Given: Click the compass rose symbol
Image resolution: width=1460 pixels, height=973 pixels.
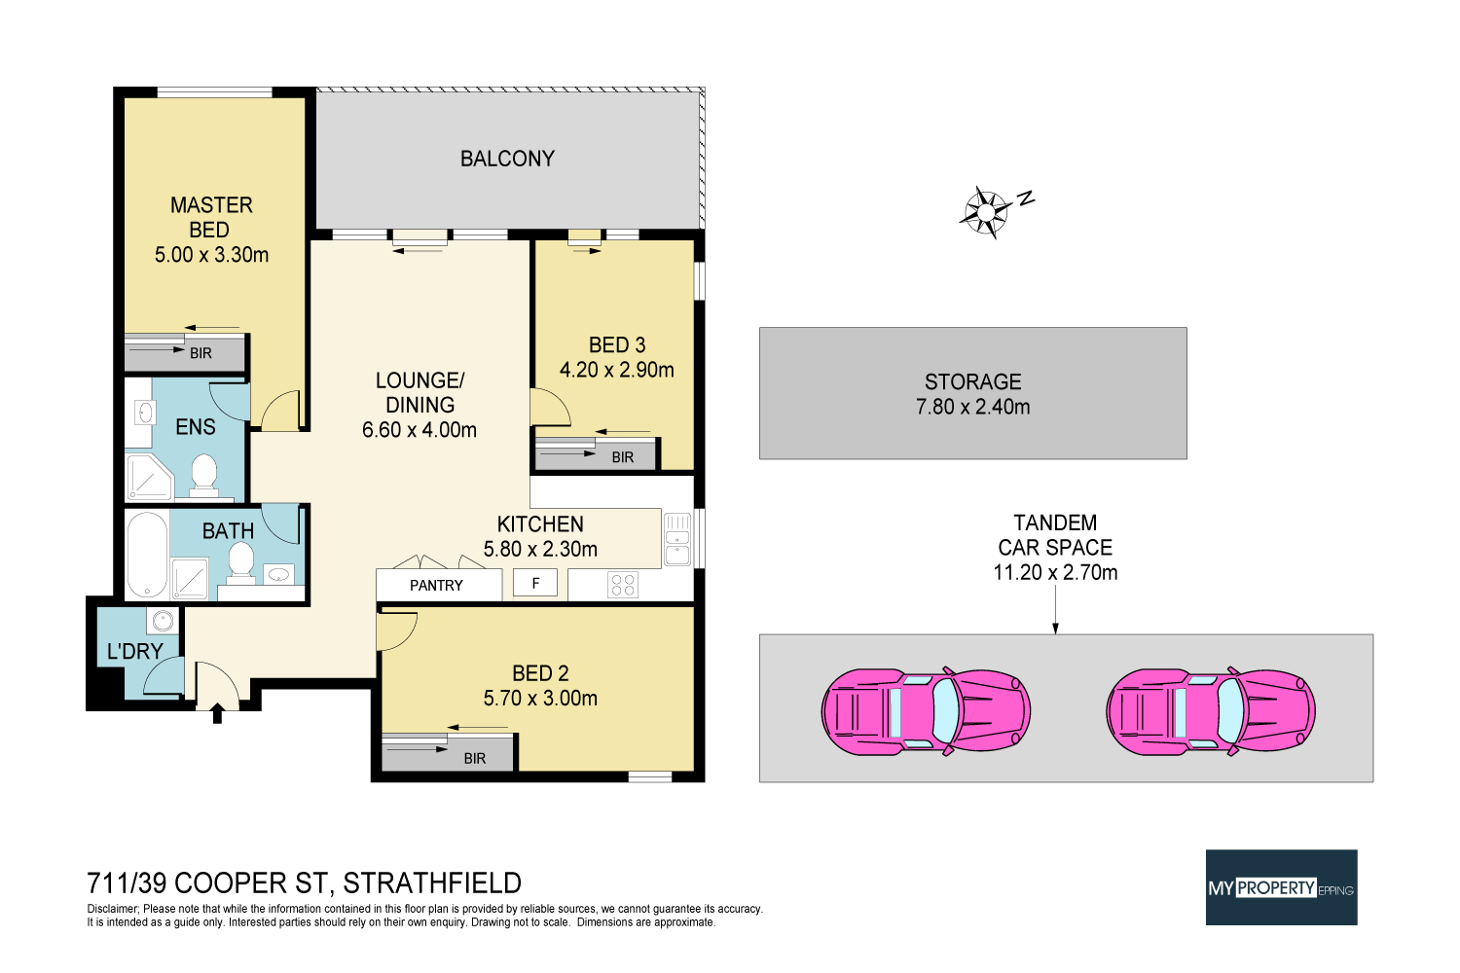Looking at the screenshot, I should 987,211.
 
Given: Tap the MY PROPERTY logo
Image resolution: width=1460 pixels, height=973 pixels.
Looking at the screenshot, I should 1281,887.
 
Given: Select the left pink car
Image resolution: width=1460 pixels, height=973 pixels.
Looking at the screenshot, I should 926,710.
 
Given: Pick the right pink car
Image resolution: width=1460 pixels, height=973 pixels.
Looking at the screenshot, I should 1211,710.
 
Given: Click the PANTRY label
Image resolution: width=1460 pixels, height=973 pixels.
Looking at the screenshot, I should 436,585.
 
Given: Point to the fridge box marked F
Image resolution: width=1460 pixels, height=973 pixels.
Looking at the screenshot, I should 535,583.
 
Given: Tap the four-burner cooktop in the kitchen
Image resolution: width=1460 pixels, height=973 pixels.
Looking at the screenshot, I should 622,585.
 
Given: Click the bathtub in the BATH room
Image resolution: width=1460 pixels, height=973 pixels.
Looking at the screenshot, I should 147,553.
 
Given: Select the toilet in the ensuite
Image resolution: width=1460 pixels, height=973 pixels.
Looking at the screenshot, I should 204,475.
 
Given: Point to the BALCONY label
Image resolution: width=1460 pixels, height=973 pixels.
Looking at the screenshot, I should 507,159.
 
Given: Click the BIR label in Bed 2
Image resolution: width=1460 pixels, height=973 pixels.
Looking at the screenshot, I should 475,758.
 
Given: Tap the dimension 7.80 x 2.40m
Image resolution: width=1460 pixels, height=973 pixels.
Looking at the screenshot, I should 972,407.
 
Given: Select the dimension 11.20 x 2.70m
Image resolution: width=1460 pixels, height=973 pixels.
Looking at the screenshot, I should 1055,572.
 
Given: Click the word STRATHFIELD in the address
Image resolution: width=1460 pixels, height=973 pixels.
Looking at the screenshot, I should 432,883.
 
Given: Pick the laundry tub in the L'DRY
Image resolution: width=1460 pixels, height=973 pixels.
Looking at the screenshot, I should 163,621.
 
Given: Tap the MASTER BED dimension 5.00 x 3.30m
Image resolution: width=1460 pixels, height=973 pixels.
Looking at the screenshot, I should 211,255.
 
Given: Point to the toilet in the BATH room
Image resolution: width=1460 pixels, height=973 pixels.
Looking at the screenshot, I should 240,560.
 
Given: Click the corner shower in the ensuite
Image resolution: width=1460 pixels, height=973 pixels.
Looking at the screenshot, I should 148,477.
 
